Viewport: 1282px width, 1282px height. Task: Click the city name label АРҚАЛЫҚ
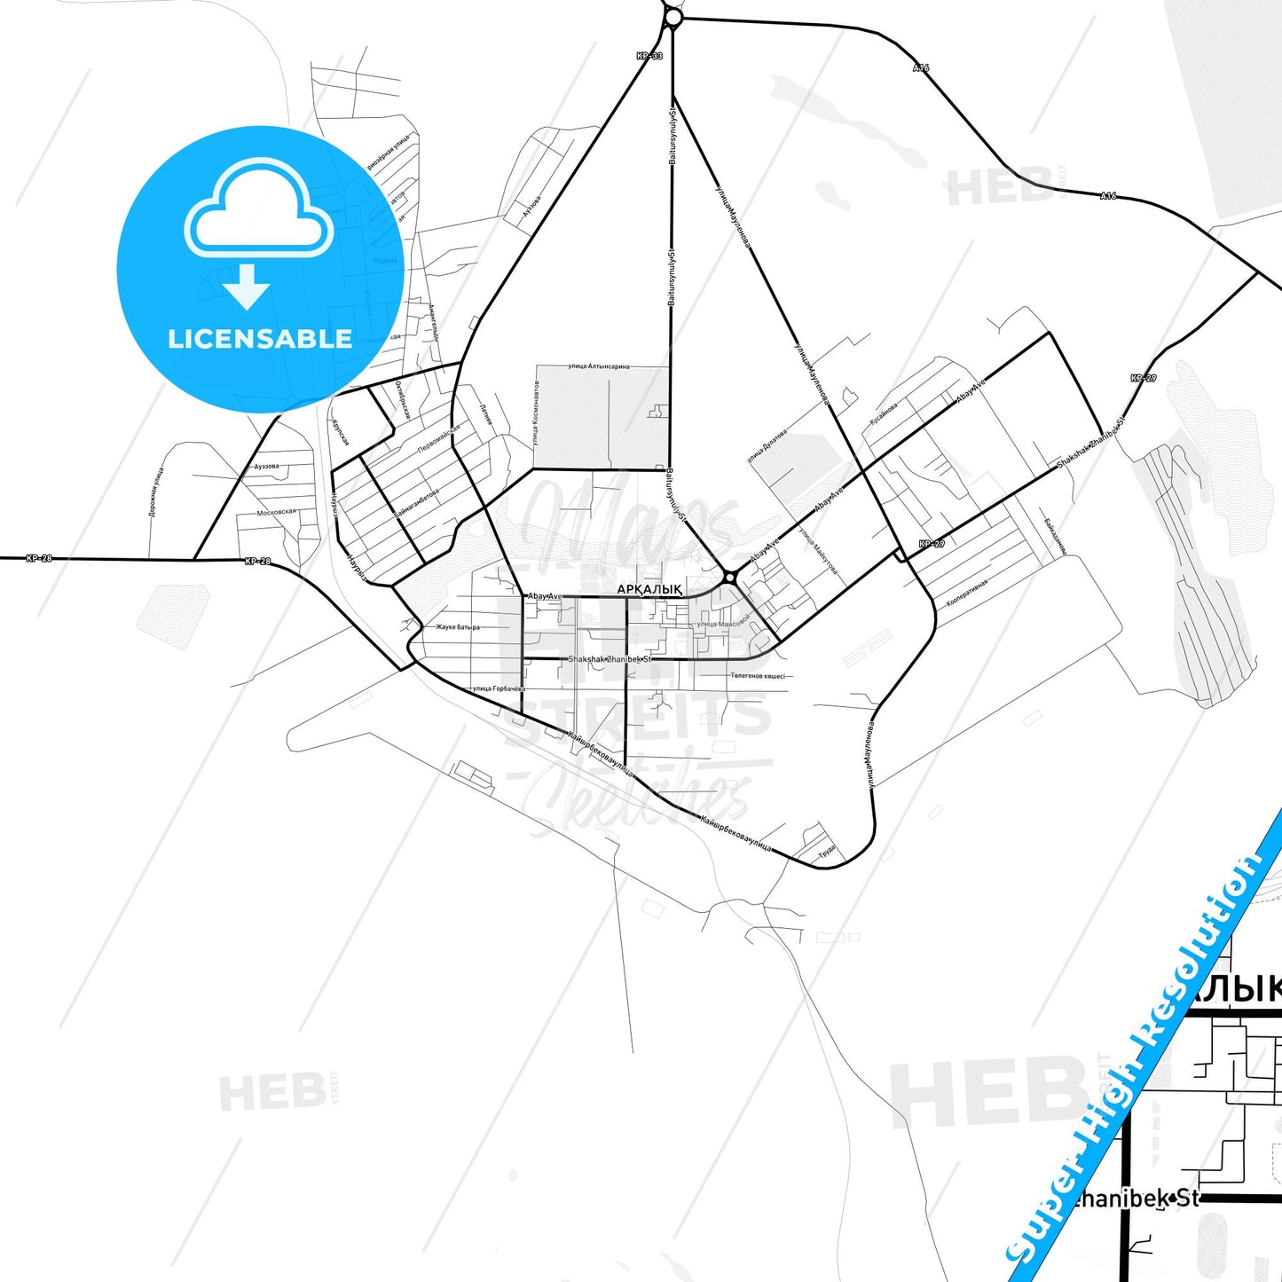[x=649, y=589]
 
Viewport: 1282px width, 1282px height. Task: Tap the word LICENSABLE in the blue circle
[x=260, y=339]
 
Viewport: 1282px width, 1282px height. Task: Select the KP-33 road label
[x=649, y=56]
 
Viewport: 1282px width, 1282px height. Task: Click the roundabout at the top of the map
[x=672, y=17]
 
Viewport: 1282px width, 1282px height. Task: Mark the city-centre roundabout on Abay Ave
[x=729, y=578]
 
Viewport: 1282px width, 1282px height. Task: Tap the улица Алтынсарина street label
[x=599, y=366]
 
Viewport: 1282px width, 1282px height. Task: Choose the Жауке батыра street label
[x=457, y=627]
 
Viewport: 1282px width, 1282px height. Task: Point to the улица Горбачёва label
[x=499, y=688]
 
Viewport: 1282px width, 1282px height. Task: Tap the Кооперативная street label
[x=967, y=593]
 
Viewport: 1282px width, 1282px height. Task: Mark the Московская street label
[x=276, y=512]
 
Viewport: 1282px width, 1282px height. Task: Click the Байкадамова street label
[x=1055, y=536]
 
